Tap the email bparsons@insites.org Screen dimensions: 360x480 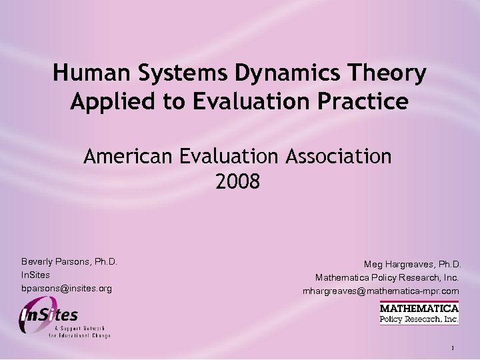pos(67,289)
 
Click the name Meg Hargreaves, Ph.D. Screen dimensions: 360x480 pos(412,264)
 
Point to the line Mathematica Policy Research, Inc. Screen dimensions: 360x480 pos(387,277)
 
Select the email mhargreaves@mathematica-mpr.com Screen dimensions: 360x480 pos(381,291)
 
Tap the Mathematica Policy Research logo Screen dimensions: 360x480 pos(419,313)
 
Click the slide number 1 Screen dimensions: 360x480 pos(452,348)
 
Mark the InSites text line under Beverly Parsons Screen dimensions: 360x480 pos(35,275)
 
